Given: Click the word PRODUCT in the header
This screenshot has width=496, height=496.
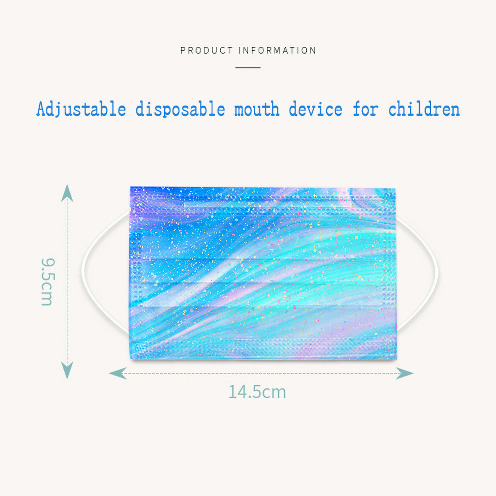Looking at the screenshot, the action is tap(206, 50).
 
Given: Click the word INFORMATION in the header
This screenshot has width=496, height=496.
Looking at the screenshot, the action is tap(277, 50).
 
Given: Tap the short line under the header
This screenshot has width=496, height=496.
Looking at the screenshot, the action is tap(248, 67).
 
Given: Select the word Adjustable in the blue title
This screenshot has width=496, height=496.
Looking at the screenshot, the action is tap(81, 109).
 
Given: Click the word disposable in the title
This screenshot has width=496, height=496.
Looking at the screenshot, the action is tap(180, 109).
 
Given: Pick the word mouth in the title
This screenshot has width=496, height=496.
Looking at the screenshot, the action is tap(257, 109).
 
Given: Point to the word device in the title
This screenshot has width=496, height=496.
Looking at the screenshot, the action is tap(316, 109).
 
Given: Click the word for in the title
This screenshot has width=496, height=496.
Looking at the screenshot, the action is tap(366, 109).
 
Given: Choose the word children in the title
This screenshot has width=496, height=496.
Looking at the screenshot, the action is tap(424, 109).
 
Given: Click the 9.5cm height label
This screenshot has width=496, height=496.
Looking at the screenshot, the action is tap(48, 282).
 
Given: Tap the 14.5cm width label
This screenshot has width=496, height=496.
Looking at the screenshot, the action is tap(257, 392).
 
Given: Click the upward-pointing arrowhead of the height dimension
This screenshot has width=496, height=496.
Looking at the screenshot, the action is tap(67, 193).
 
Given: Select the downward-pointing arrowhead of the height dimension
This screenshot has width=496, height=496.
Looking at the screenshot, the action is tap(67, 370).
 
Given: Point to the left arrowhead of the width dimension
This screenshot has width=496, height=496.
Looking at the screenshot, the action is tap(117, 373).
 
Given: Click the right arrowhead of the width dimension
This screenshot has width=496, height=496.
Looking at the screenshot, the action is tap(405, 373).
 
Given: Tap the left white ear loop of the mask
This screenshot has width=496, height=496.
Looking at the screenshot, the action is tap(83, 270).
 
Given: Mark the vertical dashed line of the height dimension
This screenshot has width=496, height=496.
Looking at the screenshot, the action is tap(67, 282).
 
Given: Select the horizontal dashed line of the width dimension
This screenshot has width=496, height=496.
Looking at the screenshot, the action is tap(261, 373).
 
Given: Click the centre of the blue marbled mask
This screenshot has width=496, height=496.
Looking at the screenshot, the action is tap(263, 273).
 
